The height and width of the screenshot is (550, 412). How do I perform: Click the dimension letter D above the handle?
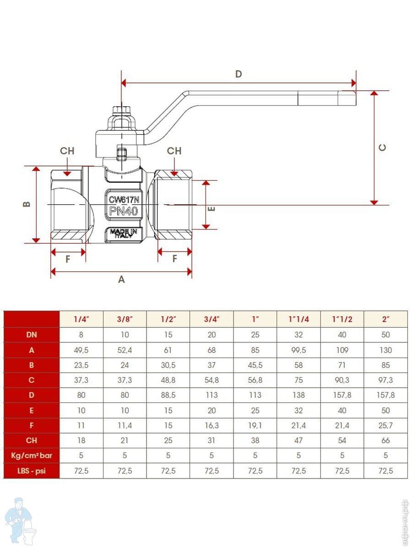238,74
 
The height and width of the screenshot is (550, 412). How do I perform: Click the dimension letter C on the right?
383,148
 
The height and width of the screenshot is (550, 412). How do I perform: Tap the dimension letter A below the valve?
121,279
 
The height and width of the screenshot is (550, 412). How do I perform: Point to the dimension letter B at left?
27,204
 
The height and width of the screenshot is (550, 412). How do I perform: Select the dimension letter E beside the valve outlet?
211,209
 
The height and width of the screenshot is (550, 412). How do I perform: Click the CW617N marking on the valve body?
123,199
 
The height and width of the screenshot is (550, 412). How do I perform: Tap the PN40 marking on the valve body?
123,211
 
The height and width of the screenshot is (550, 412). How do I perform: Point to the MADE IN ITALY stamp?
123,233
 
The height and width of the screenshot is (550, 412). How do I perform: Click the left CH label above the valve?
67,151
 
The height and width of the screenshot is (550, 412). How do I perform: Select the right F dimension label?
174,259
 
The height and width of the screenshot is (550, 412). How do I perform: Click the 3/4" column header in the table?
211,319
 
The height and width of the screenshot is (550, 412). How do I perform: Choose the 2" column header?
385,319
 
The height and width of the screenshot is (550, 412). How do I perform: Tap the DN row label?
32,335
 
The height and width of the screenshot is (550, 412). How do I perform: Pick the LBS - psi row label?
32,471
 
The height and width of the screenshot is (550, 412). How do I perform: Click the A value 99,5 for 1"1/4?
298,350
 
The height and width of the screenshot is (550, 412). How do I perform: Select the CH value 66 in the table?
385,440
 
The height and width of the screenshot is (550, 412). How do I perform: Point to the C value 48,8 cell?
168,380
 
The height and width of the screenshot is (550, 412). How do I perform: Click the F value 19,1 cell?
255,425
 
